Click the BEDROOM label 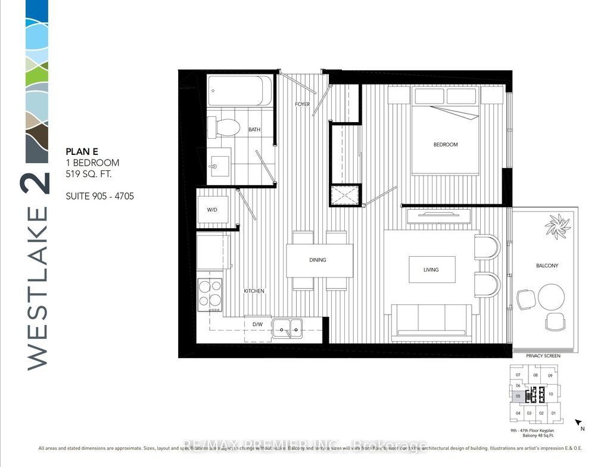click(x=445, y=145)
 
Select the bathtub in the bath click(x=239, y=91)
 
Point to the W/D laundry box click(x=211, y=209)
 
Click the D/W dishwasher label click(x=257, y=325)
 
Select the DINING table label click(x=317, y=260)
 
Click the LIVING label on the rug click(x=431, y=270)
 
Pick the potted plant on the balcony click(x=558, y=226)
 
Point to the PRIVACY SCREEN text click(x=543, y=356)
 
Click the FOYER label click(x=302, y=105)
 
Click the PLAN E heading click(x=80, y=152)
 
